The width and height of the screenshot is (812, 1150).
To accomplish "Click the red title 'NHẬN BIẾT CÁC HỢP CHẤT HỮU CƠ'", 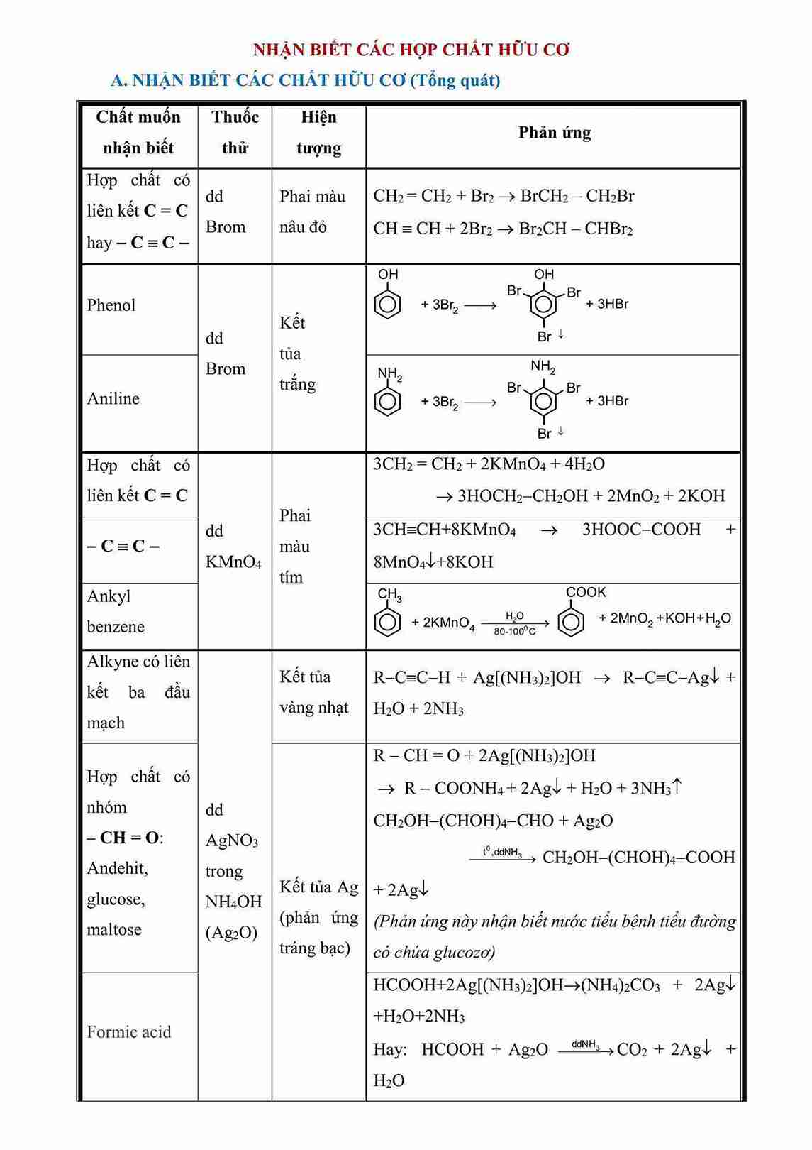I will [411, 50].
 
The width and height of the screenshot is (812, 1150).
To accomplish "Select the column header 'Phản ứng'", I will [554, 133].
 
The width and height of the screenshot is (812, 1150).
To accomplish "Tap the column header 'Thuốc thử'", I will [235, 133].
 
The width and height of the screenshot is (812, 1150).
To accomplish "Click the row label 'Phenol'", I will [111, 305].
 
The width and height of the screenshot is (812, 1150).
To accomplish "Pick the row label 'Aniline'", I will [113, 399].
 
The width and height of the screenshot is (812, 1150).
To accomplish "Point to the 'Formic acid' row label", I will [129, 1032].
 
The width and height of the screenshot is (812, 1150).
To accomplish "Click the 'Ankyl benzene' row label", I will [116, 611].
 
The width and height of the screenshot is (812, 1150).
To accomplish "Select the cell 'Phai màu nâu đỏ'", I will [312, 212].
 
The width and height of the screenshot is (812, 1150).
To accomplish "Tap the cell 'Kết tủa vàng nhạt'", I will [313, 692].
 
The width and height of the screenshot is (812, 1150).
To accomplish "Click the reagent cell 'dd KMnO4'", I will [233, 547].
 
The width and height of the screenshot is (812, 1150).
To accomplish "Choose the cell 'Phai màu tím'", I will [294, 546].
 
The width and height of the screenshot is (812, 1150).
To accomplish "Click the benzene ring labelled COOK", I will [571, 623].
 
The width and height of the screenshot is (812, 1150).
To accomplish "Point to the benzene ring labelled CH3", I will [387, 623].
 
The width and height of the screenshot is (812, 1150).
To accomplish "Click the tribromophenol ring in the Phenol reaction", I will [543, 305].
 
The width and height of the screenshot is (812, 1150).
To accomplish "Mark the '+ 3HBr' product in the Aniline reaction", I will [608, 401].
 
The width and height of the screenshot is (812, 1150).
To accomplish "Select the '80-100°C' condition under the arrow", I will [515, 632].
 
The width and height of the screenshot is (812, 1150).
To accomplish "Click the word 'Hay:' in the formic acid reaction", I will [390, 1050].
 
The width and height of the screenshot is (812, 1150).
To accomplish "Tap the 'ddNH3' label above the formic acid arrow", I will [585, 1044].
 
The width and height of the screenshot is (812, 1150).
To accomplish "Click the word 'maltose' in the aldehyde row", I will [114, 930].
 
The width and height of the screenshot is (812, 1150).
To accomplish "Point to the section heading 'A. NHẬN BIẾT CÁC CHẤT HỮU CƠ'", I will [258, 80].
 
